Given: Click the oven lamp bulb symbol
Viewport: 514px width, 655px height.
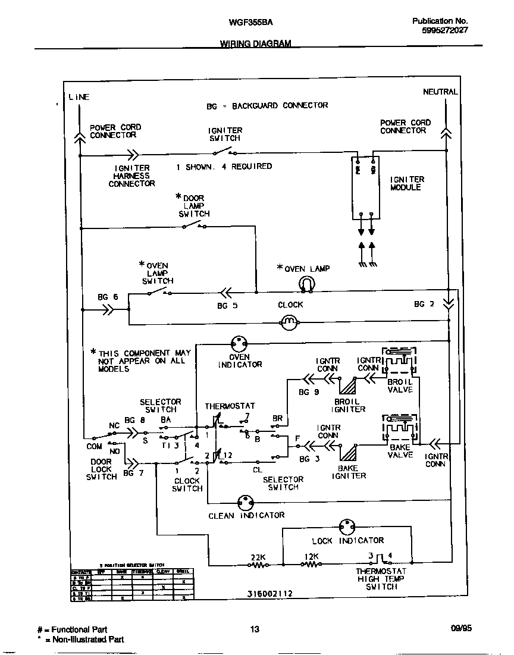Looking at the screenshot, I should click(x=305, y=284).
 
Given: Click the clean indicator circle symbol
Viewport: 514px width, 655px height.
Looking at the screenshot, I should click(x=246, y=502).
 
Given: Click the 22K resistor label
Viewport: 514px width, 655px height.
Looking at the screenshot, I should click(x=258, y=557).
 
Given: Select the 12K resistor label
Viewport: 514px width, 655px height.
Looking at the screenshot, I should click(x=311, y=557).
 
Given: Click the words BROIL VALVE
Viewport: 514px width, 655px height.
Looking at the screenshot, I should click(x=400, y=386).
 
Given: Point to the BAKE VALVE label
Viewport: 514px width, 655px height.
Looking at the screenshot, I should click(x=400, y=451).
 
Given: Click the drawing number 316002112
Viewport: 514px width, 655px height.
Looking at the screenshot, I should click(x=270, y=594).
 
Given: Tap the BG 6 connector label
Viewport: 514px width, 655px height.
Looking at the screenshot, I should click(x=108, y=297).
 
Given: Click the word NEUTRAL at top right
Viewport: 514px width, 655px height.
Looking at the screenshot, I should click(x=440, y=92).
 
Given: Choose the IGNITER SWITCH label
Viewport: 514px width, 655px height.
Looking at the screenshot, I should click(x=225, y=134).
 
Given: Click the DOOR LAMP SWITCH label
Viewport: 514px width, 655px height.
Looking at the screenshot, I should click(x=193, y=205).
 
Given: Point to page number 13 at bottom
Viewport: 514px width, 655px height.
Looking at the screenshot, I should click(x=255, y=629).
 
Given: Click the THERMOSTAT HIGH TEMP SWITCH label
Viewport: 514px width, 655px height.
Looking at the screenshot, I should click(x=381, y=578).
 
